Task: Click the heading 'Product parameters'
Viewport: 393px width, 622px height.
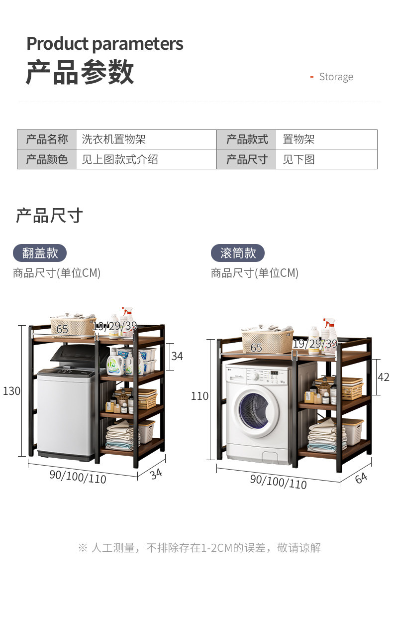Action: (x=104, y=44)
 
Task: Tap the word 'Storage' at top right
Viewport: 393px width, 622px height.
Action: (x=336, y=77)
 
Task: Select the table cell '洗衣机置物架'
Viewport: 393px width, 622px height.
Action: (x=114, y=139)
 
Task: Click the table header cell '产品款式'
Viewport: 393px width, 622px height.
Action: (x=247, y=139)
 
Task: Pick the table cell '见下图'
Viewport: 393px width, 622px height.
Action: (x=298, y=159)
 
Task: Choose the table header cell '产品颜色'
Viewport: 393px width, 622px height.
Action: (x=47, y=159)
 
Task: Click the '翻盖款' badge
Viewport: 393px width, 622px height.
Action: (x=40, y=253)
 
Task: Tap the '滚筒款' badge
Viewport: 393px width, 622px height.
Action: (x=238, y=253)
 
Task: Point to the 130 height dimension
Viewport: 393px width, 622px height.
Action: (x=11, y=391)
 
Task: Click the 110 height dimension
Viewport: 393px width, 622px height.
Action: (x=199, y=396)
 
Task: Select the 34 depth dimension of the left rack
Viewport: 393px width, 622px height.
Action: (x=156, y=474)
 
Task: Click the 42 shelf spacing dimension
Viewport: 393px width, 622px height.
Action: (x=383, y=377)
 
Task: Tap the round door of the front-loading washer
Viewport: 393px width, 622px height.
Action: (x=257, y=410)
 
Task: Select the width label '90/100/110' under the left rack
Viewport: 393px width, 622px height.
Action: (x=78, y=476)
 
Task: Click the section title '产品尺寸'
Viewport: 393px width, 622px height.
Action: (x=49, y=216)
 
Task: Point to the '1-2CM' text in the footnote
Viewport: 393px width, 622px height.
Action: (x=216, y=548)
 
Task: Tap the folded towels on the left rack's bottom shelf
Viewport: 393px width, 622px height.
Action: (x=119, y=434)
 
